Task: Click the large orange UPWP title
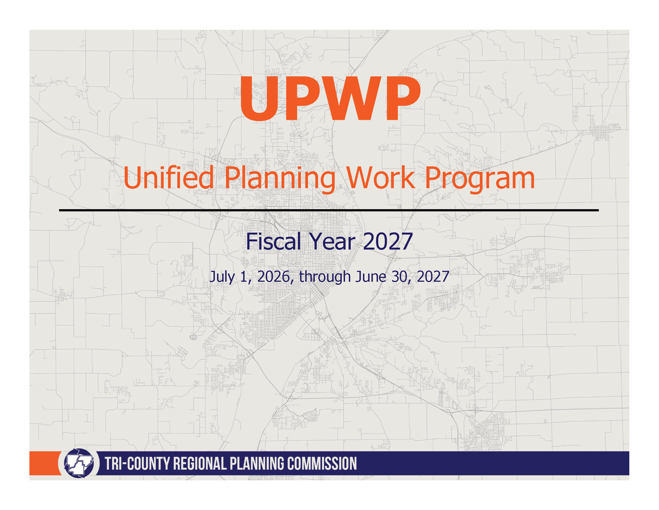click(x=330, y=98)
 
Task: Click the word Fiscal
click(x=273, y=241)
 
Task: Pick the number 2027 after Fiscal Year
click(x=388, y=241)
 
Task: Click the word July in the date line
click(x=222, y=277)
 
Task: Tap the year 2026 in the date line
click(x=274, y=277)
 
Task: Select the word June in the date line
click(x=371, y=277)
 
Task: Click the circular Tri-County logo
click(x=79, y=463)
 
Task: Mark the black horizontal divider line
click(x=329, y=210)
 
